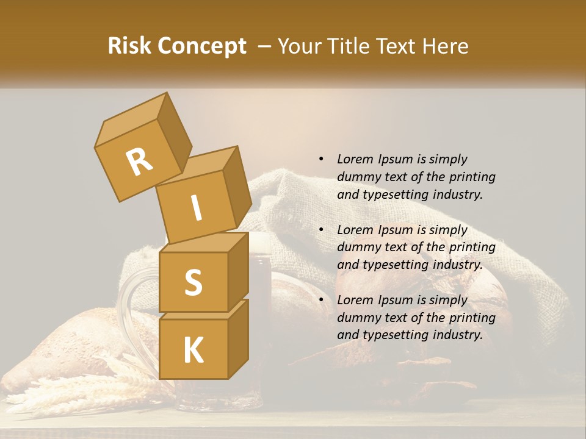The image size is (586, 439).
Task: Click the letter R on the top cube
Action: [x=139, y=162]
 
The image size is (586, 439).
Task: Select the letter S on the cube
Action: [x=193, y=282]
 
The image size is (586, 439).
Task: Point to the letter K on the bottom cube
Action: [x=193, y=350]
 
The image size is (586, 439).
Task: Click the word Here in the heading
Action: [x=445, y=46]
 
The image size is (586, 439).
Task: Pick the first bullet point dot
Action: [x=321, y=159]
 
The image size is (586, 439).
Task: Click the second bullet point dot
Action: [x=321, y=230]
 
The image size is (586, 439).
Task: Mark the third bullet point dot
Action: [x=321, y=300]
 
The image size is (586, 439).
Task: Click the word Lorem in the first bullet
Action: [x=354, y=159]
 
